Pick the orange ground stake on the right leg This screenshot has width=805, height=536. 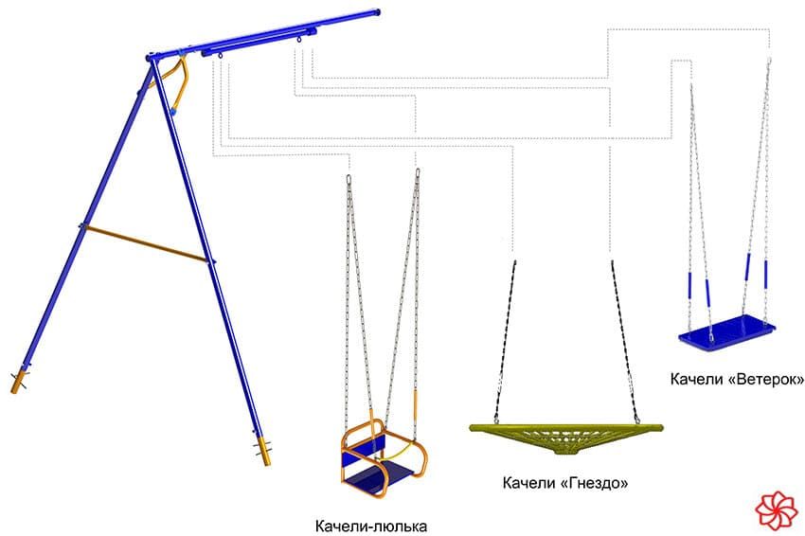[262, 452]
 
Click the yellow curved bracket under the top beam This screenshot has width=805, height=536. [179, 80]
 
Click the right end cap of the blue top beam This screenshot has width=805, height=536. [379, 13]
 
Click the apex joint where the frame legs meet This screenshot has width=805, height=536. [151, 59]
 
